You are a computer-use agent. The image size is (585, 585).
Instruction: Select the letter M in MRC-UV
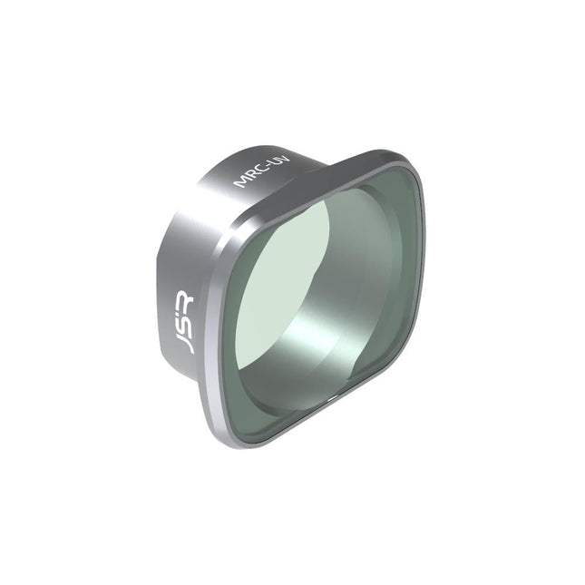click(240, 184)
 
